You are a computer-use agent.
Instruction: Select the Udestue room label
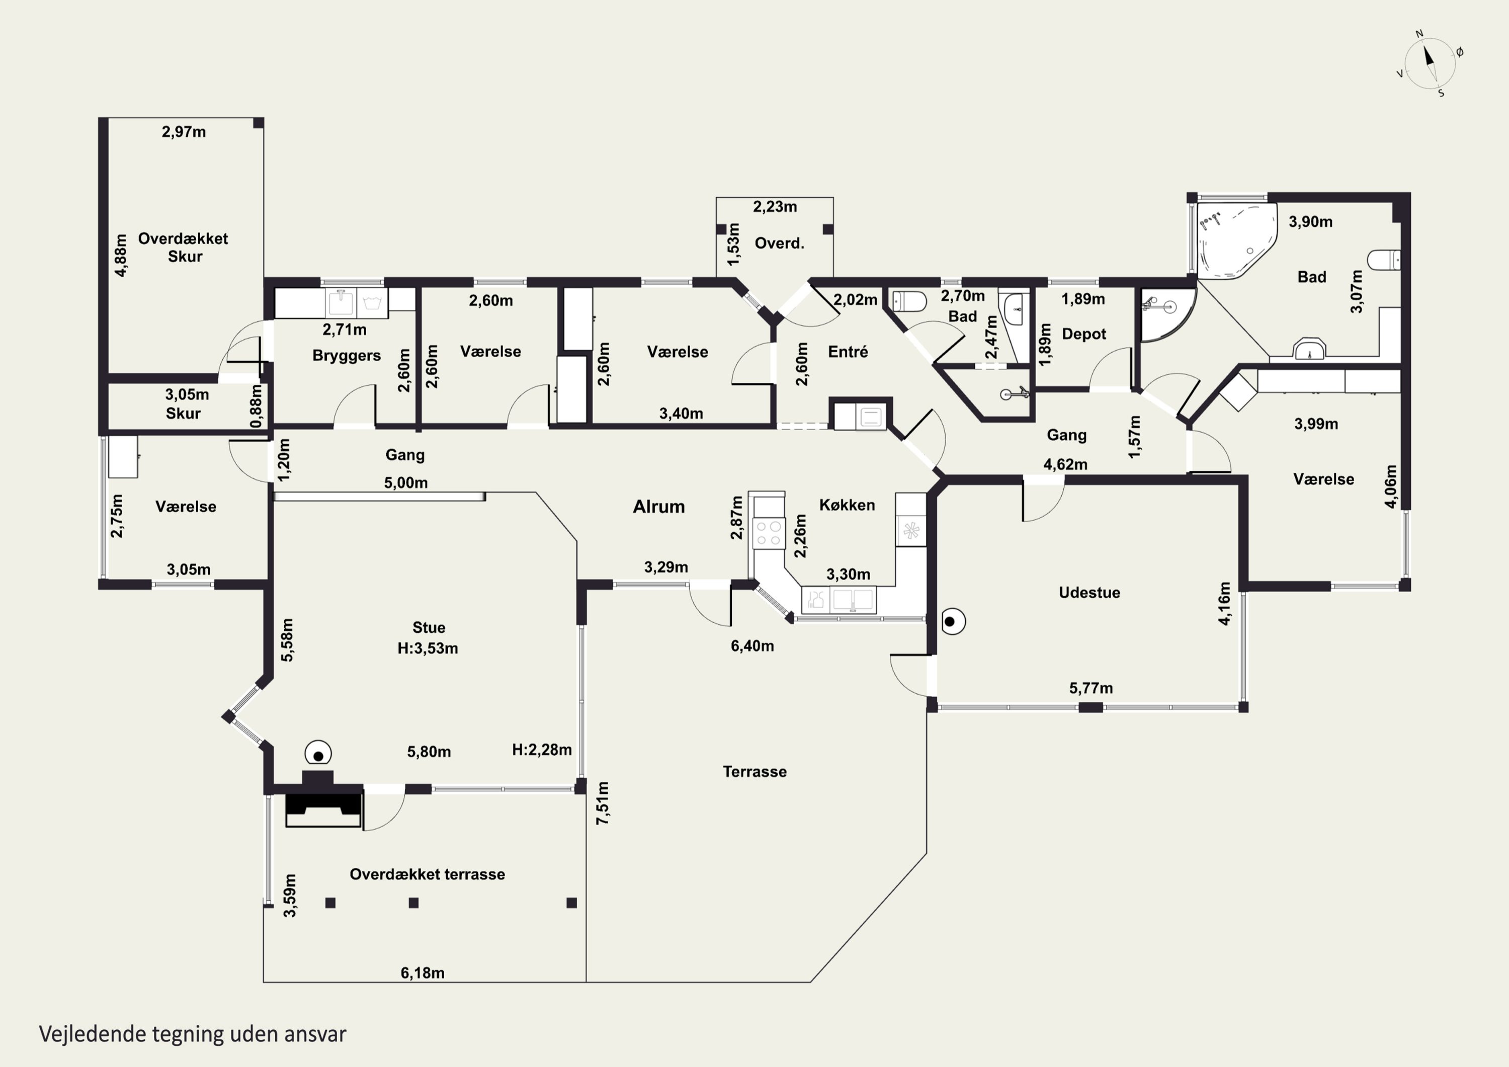click(1089, 592)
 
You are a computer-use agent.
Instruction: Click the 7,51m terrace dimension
click(603, 803)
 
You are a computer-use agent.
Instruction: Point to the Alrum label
click(658, 506)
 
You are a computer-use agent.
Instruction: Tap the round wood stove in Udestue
click(952, 621)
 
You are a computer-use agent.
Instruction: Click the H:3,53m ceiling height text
click(428, 648)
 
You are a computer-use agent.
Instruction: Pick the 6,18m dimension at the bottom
click(423, 972)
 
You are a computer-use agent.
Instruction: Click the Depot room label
click(1084, 334)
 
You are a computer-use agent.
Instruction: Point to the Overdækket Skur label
click(184, 247)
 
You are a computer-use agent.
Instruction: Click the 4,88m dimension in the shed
click(121, 255)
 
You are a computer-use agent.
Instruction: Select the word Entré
click(848, 352)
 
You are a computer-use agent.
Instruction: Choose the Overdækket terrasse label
click(427, 874)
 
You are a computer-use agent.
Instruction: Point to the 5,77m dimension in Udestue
click(1091, 688)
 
